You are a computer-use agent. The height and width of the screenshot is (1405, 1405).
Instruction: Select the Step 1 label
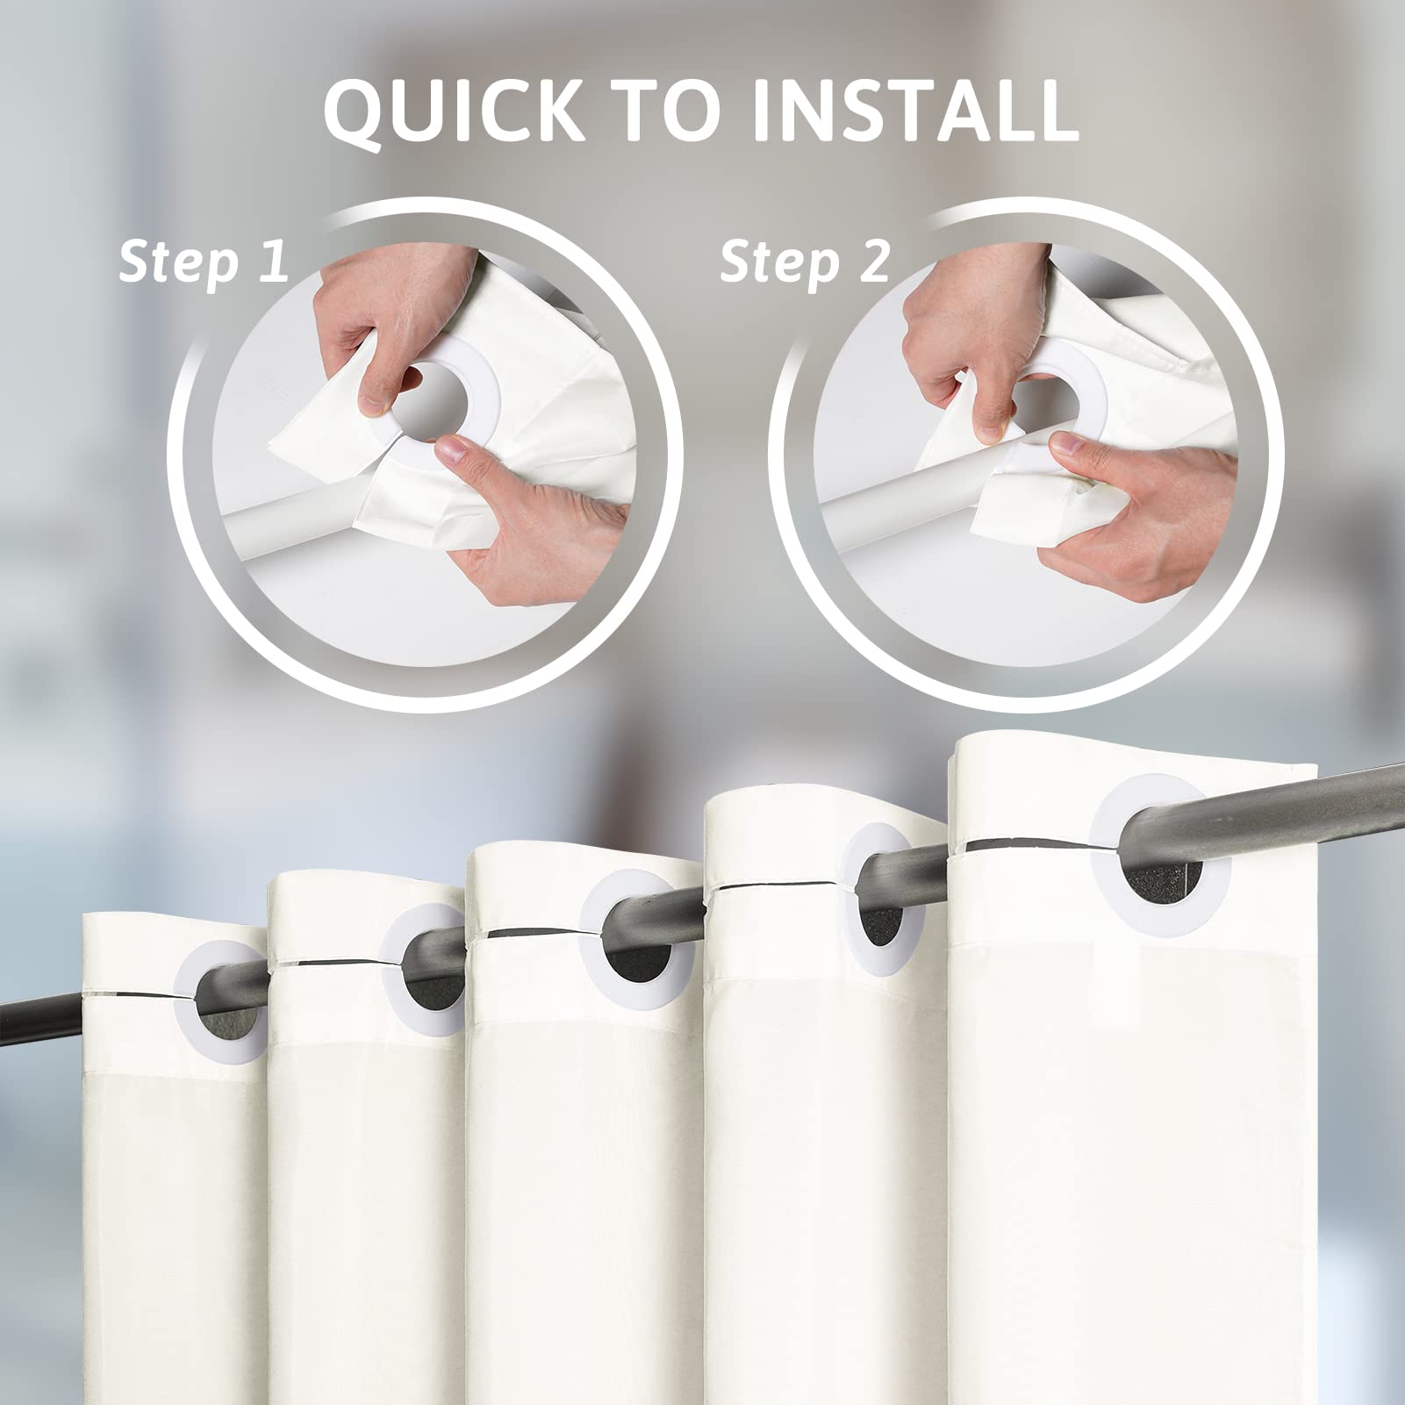coord(204,262)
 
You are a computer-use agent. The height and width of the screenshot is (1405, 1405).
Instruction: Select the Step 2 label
coord(805,262)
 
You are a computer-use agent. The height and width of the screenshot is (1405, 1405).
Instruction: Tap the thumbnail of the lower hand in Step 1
coord(454,454)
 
